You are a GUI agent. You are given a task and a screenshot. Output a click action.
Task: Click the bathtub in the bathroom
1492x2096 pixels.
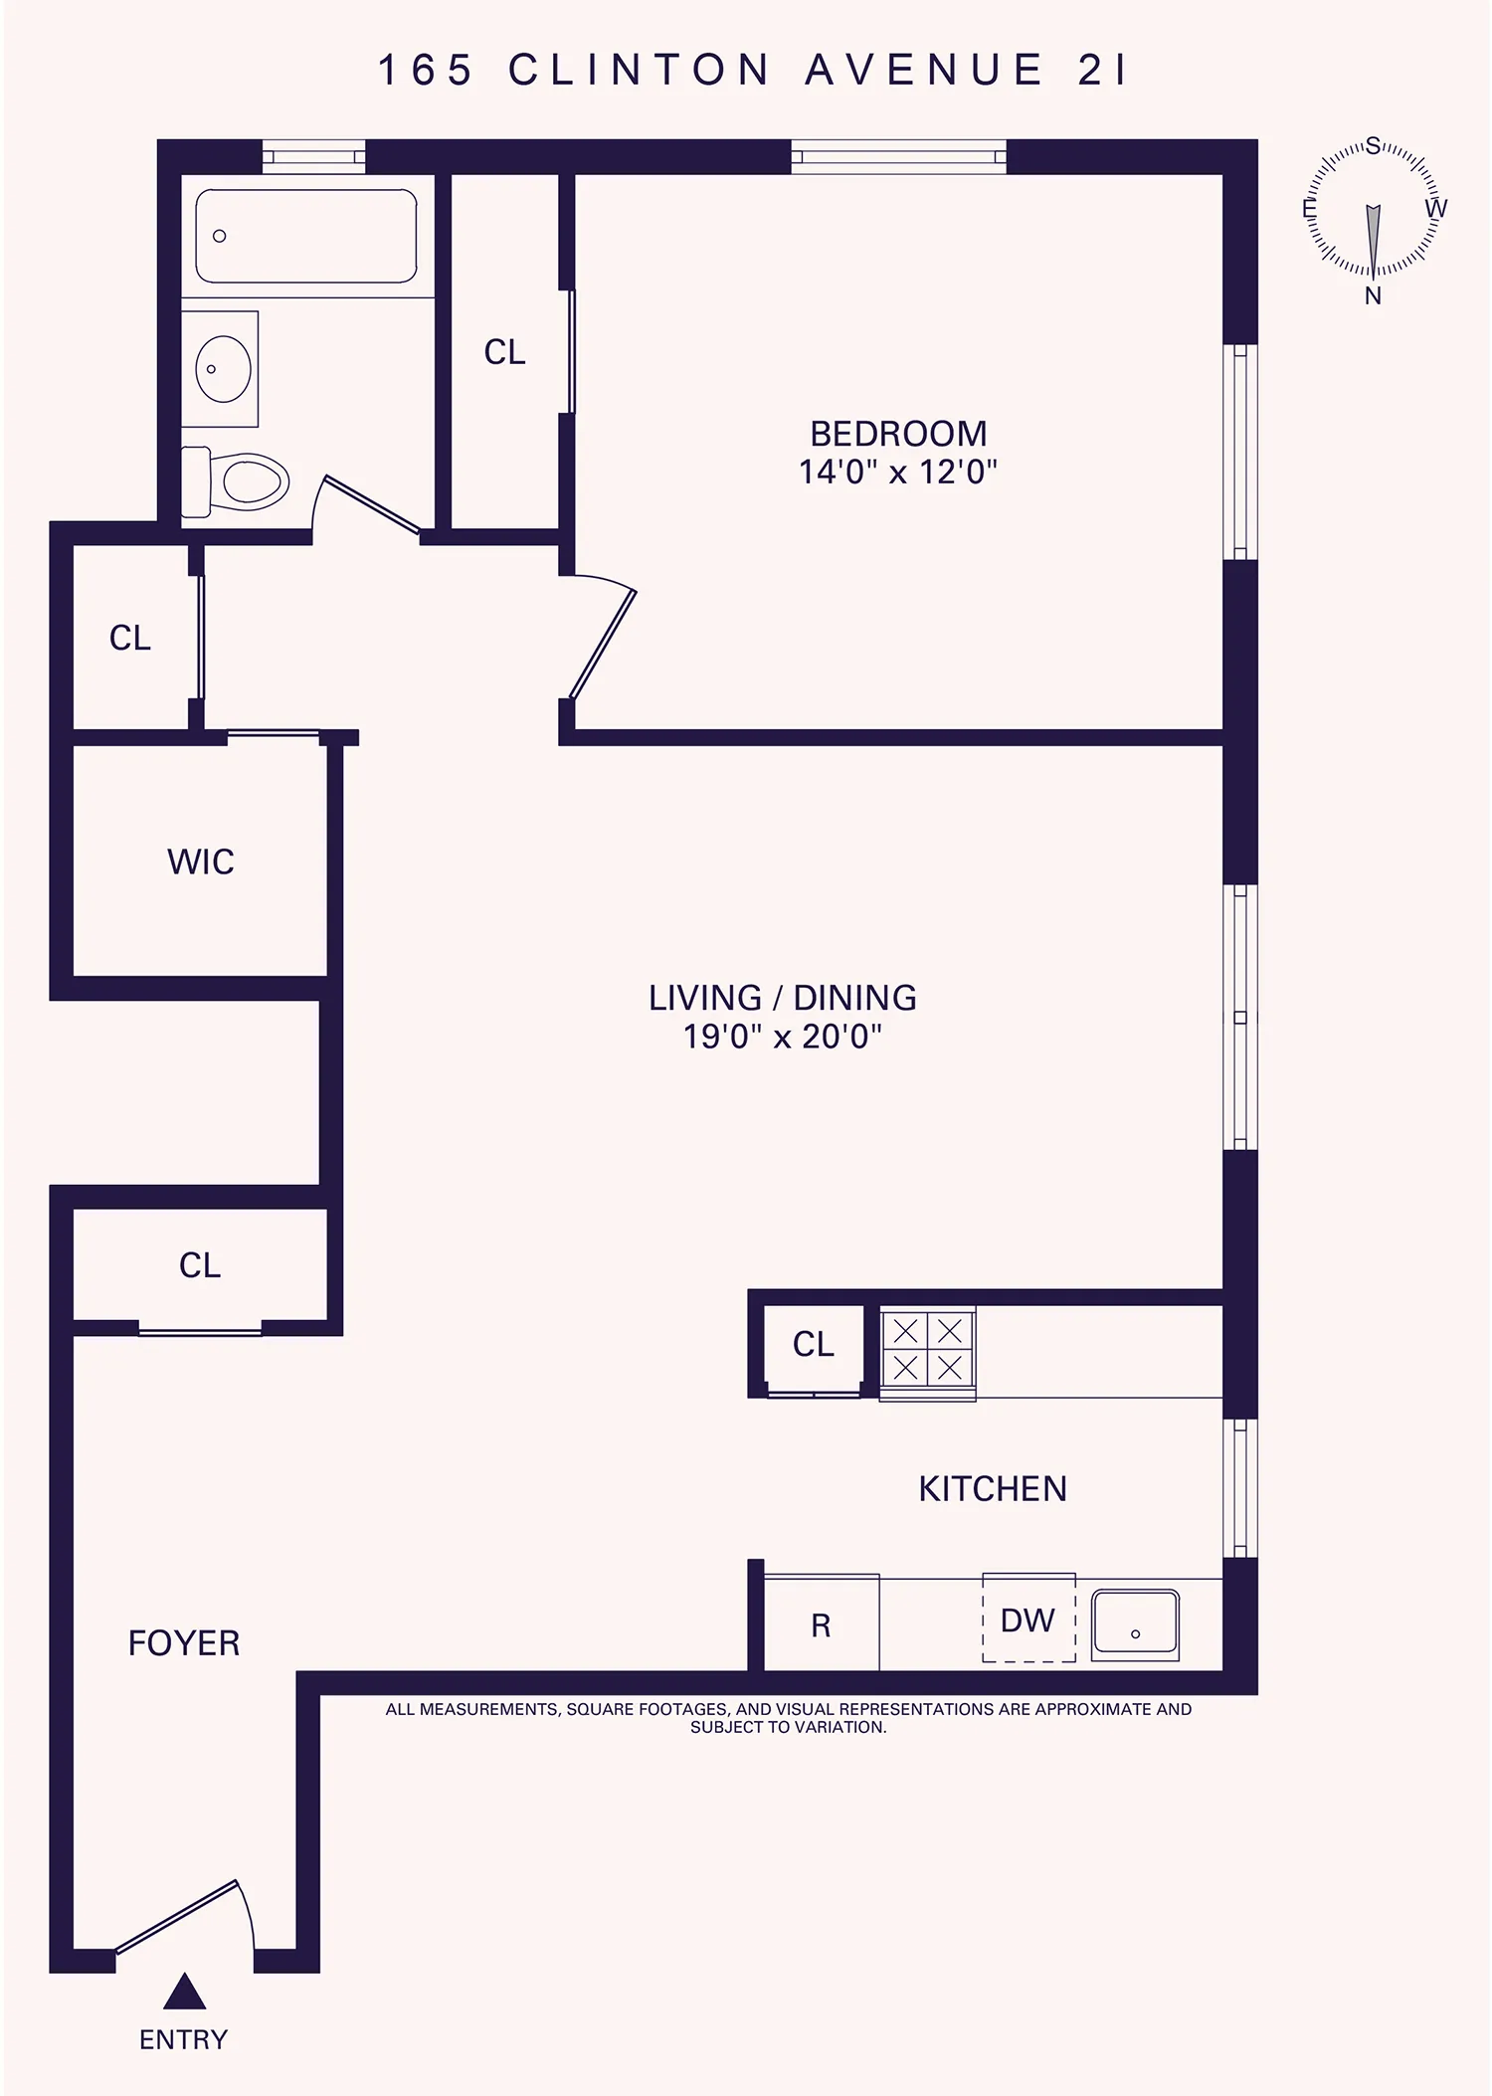coord(305,237)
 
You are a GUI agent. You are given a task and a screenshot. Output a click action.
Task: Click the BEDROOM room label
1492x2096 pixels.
coord(898,434)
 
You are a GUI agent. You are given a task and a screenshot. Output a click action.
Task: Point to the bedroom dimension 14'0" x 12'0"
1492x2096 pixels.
coord(898,472)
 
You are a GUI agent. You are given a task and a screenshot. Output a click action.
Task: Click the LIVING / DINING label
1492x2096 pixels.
coord(783,998)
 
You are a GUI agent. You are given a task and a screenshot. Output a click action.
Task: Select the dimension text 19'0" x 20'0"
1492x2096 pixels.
coord(783,1038)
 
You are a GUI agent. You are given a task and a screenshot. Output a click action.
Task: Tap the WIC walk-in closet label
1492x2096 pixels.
coord(201,861)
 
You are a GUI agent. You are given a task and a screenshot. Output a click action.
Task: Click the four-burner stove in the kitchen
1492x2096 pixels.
coord(927,1351)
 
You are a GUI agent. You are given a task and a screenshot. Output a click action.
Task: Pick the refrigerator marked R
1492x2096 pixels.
coord(821,1625)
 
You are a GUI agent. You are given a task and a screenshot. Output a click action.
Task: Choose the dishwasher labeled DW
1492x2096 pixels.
coord(1028,1620)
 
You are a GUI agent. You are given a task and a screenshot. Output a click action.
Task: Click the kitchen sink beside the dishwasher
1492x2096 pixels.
coord(1135,1625)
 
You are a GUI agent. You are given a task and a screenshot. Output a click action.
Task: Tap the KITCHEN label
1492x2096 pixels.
coord(993,1489)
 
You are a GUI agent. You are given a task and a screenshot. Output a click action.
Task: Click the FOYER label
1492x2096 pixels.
coord(184,1643)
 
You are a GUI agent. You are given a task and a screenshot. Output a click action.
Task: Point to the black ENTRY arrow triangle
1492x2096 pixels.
coord(184,1993)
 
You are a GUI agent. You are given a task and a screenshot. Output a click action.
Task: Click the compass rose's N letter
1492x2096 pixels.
coord(1373,295)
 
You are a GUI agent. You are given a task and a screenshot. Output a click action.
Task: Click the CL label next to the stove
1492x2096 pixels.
coord(813,1345)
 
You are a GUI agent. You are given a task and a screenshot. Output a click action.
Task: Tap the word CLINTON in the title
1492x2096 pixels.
coord(640,71)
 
